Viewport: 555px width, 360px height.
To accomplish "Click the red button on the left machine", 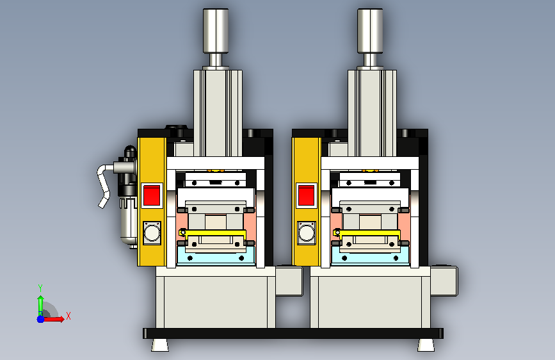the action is (x=152, y=195).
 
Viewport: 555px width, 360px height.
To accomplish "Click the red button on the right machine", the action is (x=306, y=195).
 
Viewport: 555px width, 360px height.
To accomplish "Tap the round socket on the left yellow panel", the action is (x=152, y=233).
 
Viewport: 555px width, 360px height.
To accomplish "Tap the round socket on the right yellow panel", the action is (x=307, y=233).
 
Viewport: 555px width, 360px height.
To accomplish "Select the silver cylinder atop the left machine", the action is (x=216, y=31).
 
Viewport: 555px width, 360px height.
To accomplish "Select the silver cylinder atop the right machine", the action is (x=370, y=31).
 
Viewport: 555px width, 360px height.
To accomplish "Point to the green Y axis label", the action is (x=40, y=288).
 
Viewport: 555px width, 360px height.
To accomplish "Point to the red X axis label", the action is (x=68, y=316).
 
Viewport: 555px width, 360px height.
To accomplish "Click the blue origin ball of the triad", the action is (x=41, y=319).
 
